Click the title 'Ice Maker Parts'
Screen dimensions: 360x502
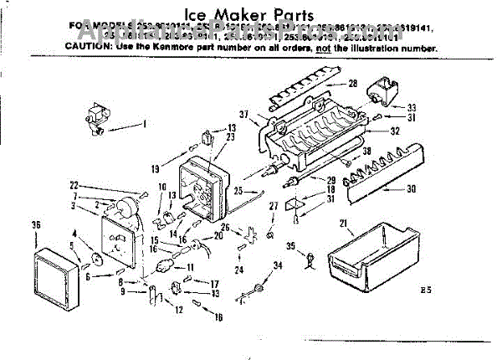(x=251, y=14)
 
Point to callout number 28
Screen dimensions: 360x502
(x=352, y=83)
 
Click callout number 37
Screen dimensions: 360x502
(x=245, y=115)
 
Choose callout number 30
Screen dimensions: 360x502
(x=410, y=189)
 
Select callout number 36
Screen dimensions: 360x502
(x=36, y=224)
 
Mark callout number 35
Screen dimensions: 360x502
(x=290, y=246)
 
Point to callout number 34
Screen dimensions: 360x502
(x=278, y=266)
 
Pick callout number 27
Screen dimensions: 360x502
(x=273, y=205)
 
